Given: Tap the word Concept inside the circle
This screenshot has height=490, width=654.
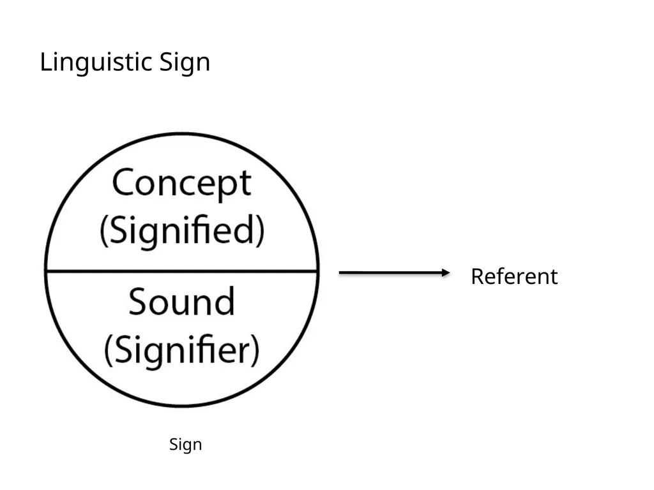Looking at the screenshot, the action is click(182, 183).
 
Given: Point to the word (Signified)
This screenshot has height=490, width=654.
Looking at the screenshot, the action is click(182, 230).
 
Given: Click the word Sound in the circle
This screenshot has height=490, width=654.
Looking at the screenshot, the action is click(182, 301).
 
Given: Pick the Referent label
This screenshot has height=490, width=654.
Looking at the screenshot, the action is click(514, 276).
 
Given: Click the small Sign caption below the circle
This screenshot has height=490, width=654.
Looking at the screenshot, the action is click(186, 445).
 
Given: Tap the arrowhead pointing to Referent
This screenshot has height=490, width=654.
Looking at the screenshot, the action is click(446, 273).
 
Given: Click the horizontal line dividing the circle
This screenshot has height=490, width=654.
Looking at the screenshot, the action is click(182, 271).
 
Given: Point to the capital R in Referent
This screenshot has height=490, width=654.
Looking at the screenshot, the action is click(478, 276).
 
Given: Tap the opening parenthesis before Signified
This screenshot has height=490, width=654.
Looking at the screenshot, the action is click(103, 230).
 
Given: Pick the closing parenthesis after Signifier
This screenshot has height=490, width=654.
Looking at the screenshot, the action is click(255, 350).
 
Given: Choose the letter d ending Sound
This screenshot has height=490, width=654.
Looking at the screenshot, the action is click(225, 301).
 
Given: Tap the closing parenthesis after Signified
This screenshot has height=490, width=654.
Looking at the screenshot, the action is click(261, 230).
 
